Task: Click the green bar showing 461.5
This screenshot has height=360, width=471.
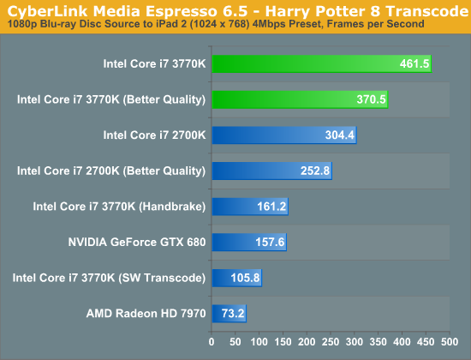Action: [322, 63]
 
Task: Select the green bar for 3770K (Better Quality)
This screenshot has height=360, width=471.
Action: [300, 99]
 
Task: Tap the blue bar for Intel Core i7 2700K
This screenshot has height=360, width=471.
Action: [284, 135]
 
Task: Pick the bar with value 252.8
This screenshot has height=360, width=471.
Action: [272, 171]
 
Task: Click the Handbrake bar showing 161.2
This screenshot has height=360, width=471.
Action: [250, 207]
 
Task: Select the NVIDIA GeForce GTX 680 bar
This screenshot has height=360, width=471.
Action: [249, 242]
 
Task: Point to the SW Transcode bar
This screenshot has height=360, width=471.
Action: [237, 278]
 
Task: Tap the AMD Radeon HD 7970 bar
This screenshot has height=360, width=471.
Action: [230, 314]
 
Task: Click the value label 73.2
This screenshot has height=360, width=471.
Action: [233, 314]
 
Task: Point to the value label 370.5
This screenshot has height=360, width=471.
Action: [371, 99]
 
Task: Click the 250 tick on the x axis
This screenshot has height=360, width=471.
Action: [331, 342]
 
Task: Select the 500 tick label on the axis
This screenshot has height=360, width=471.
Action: [450, 342]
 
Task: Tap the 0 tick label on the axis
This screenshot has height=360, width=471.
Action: [212, 342]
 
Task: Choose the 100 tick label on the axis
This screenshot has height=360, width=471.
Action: [259, 342]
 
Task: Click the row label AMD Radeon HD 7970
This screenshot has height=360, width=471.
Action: [146, 314]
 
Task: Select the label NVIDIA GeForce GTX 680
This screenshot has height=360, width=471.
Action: [137, 242]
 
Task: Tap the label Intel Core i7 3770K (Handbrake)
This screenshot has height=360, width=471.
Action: [119, 207]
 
